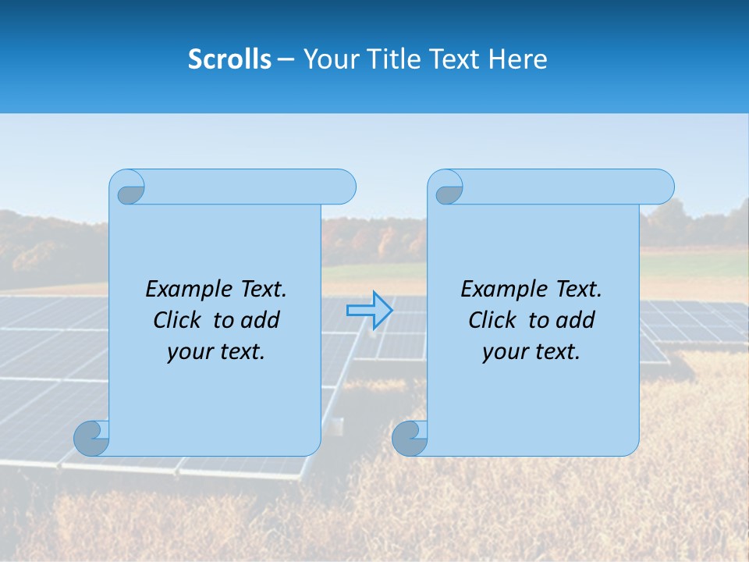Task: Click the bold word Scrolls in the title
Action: (x=229, y=59)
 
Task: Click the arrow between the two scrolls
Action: (x=370, y=311)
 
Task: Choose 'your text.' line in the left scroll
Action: (x=216, y=351)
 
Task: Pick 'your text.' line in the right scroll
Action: (x=531, y=351)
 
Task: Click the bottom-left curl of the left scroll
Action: (x=91, y=438)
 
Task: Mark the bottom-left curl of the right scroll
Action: (x=409, y=438)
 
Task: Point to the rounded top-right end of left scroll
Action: (x=343, y=187)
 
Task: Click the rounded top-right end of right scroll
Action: (x=662, y=187)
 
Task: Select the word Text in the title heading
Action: (x=452, y=59)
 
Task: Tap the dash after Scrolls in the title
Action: (x=286, y=59)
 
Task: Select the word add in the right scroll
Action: (x=576, y=320)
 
